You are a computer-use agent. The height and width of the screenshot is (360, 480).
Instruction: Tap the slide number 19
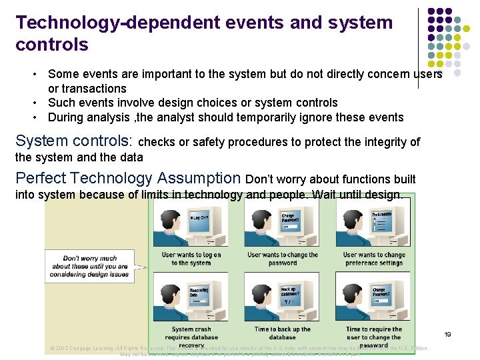(x=448, y=334)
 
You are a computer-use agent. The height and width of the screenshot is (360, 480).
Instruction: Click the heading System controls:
(x=74, y=141)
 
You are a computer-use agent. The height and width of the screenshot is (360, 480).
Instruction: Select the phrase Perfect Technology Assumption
(x=128, y=179)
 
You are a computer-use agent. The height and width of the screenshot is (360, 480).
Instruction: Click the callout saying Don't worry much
(x=90, y=266)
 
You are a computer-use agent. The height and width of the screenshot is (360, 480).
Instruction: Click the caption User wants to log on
(x=191, y=259)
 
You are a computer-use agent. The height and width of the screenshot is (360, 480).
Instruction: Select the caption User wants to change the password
(x=283, y=259)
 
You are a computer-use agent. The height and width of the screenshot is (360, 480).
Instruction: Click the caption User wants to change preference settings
(x=374, y=259)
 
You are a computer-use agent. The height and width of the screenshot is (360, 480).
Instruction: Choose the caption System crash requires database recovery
(x=191, y=337)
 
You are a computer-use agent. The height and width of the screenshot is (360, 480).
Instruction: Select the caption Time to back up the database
(x=283, y=333)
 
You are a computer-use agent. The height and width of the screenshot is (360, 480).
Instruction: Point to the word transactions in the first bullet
(x=87, y=89)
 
